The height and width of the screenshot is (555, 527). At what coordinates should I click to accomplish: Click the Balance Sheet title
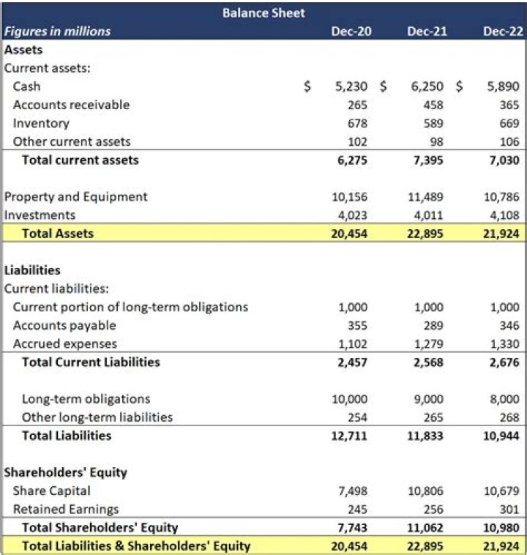pos(263,12)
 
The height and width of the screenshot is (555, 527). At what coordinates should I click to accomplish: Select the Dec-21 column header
pos(427,31)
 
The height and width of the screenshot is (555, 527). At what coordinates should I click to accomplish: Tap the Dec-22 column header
pos(504,31)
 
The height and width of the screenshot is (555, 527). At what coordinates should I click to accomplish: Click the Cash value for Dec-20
pos(351,86)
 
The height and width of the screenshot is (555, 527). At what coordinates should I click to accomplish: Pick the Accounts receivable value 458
pos(433,105)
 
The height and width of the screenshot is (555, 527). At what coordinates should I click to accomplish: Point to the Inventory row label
pos(41,123)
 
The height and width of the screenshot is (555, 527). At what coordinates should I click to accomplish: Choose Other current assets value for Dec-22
pos(509,141)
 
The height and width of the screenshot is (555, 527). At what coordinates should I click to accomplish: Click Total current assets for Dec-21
pos(428,160)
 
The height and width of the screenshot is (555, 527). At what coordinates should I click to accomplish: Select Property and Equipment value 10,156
pos(348,197)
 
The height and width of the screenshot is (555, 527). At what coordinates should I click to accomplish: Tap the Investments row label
pos(40,215)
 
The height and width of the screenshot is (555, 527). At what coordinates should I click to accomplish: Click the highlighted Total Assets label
pos(58,234)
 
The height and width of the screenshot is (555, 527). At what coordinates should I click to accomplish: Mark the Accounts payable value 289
pos(433,325)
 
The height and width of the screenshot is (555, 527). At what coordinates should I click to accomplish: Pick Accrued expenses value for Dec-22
pos(505,343)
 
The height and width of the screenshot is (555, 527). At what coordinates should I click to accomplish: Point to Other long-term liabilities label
pos(97,417)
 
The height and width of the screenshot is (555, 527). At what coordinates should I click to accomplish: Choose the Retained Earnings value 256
pos(433,509)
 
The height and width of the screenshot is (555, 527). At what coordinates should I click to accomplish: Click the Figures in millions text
pos(58,31)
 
